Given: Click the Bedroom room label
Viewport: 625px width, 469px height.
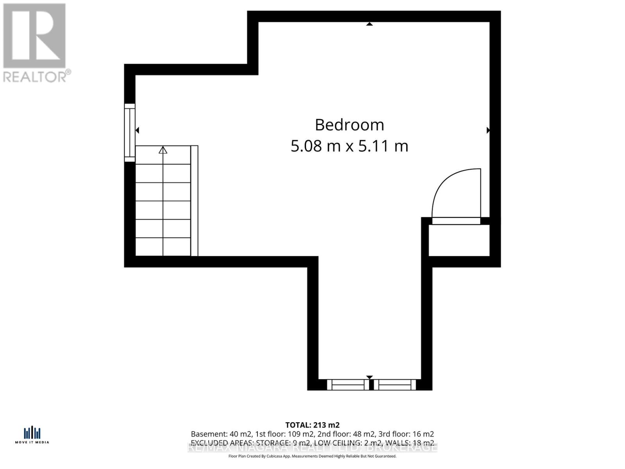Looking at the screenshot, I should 350,125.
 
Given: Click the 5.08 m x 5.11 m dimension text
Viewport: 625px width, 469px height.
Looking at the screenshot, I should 350,146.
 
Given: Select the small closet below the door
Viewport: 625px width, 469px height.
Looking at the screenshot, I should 459,240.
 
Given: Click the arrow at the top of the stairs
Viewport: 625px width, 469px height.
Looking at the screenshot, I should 163,150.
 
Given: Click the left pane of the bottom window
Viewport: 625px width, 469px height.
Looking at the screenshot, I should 348,385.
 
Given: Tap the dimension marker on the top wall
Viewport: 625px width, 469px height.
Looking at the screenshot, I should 369,24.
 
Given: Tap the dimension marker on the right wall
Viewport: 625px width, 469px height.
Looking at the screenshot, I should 488,130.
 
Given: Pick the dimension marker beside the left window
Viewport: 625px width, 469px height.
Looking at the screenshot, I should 137,130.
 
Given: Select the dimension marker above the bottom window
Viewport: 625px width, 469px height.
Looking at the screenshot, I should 369,377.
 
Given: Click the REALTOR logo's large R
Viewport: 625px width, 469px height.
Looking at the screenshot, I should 34,36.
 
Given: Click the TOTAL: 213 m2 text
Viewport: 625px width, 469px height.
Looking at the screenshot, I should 312,425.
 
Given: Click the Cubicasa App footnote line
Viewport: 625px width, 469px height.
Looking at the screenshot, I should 312,456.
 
